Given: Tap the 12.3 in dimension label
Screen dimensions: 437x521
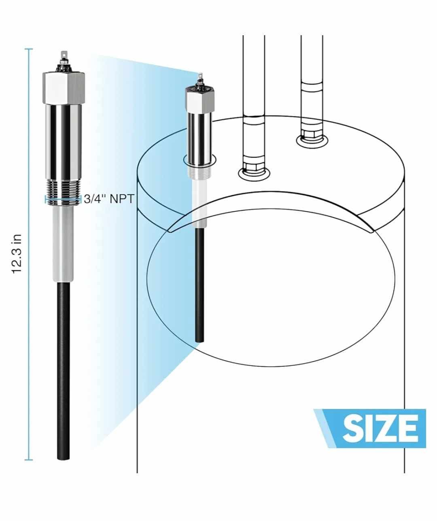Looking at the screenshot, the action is click(x=17, y=254).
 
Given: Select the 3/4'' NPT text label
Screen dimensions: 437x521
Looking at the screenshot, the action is click(x=109, y=199).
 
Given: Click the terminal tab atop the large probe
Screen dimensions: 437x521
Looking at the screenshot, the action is click(x=64, y=55).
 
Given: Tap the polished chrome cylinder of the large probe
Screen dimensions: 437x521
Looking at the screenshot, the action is click(x=64, y=142).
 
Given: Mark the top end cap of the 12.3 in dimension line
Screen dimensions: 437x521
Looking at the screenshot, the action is click(x=29, y=49).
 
